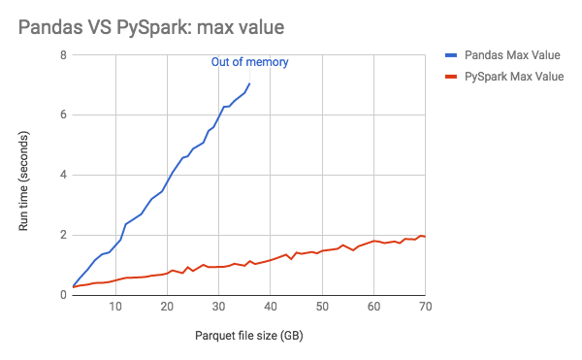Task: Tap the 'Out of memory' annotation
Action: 250,63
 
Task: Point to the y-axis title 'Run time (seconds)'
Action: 27,175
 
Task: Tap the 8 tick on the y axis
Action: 63,55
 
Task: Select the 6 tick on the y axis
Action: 63,115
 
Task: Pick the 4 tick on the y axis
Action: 63,176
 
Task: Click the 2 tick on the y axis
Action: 63,236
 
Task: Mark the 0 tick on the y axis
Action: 63,295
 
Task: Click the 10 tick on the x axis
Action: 115,308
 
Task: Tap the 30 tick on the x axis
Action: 219,308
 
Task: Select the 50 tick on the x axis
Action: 322,308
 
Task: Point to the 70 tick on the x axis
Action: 424,308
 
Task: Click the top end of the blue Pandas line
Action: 250,83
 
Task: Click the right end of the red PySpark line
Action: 426,237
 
